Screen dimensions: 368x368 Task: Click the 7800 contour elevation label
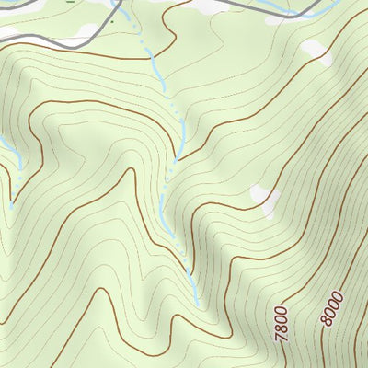(281, 324)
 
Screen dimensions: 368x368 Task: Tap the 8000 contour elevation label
(333, 305)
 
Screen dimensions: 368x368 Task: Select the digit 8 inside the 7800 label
(282, 328)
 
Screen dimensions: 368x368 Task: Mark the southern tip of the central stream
(197, 304)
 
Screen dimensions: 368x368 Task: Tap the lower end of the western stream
(11, 204)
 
